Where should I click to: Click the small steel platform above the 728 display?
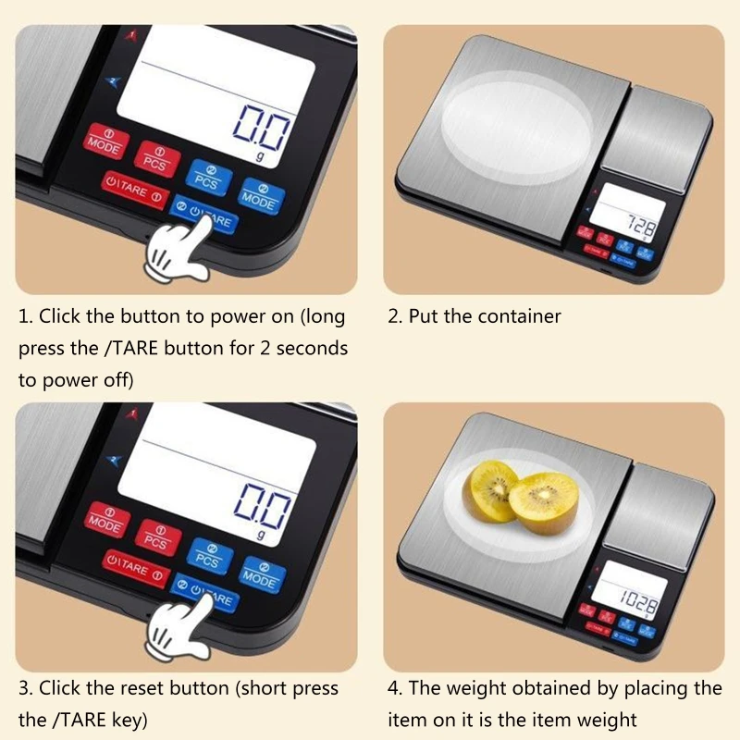click(665, 129)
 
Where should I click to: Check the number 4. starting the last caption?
click(395, 689)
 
